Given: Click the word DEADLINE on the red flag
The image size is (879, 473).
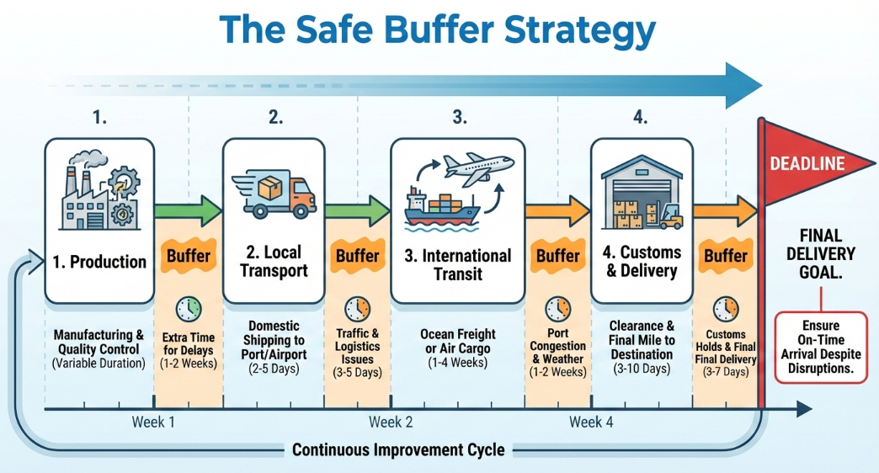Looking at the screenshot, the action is point(807,163).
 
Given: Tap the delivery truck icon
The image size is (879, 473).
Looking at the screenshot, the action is point(274,194).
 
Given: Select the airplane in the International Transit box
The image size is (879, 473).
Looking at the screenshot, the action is point(478,167).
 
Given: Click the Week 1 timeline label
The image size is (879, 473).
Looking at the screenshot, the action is point(153,422).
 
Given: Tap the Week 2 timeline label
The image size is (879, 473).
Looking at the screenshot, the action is point(391,422).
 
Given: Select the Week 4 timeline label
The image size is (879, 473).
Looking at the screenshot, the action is point(591,422).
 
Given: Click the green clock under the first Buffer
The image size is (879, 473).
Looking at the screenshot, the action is point(189,309).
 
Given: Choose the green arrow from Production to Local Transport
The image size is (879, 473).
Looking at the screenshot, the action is point(189,211).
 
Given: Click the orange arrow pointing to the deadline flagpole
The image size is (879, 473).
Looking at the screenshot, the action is point(726,211).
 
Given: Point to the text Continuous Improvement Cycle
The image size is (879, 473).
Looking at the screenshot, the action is point(398,450).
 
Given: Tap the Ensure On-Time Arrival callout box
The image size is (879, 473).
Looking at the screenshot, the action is point(821,348).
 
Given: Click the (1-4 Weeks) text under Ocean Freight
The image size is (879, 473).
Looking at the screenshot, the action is point(458,363).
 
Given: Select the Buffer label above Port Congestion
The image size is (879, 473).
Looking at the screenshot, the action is point(557,256).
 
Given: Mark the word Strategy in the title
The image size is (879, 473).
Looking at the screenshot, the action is point(580,30).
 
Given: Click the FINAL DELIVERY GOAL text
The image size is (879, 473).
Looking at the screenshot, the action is point(821,254).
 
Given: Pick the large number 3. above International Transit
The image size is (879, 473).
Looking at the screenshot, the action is point(460,117).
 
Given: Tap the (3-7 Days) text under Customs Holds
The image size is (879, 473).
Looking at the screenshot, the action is point(726,371).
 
